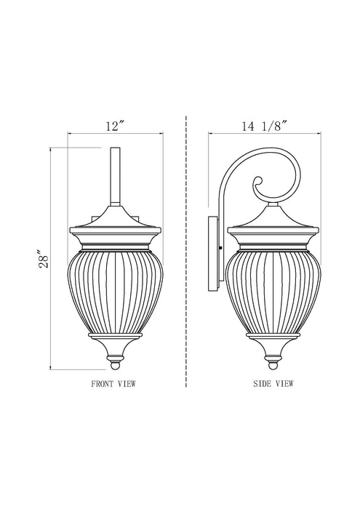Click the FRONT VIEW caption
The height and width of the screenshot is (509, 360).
[113, 382]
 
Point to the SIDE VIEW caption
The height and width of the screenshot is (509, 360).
[273, 382]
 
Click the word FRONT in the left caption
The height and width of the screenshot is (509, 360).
[101, 382]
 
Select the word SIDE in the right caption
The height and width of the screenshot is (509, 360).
[261, 382]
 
